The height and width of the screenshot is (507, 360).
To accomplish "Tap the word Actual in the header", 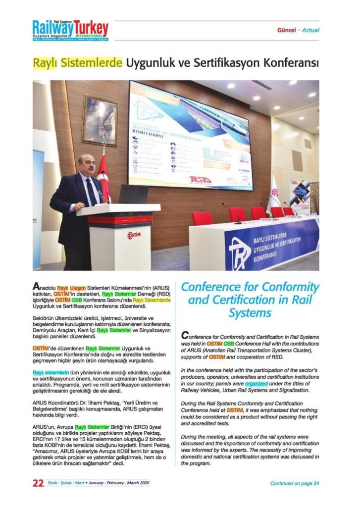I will coord(310,30).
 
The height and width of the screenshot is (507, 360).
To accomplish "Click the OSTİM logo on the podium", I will coord(134,234).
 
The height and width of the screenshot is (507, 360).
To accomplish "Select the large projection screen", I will coord(190,135).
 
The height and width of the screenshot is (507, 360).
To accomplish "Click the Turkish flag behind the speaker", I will coord(103,178).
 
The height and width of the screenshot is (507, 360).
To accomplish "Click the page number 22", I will coord(38,484).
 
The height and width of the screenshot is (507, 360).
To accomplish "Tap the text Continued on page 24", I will coord(295,484).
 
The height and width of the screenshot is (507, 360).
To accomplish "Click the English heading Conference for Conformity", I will coord(250,287).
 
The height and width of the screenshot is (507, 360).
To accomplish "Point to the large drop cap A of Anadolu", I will coord(37,287).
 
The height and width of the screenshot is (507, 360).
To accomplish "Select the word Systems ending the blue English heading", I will coord(250,313).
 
